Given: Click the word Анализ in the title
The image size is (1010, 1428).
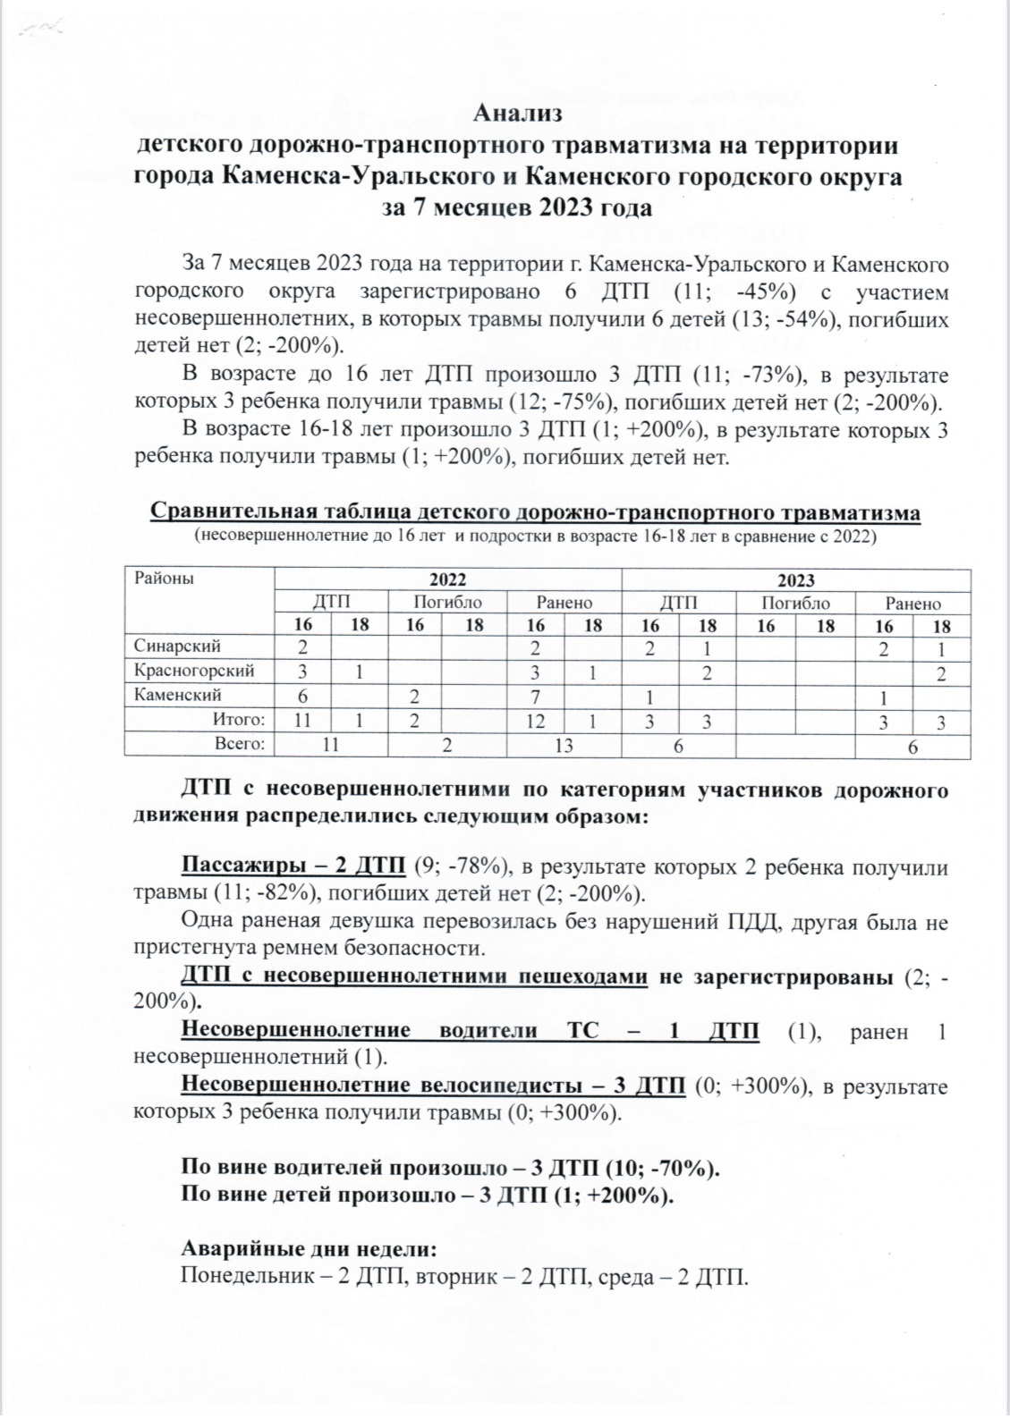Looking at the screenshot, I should (517, 114).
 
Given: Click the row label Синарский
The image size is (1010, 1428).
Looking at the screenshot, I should (177, 646).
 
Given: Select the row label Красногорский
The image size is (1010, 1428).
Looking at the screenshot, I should (194, 670).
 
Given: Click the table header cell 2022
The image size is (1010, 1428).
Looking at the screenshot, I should (447, 579).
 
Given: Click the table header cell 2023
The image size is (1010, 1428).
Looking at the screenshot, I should (795, 579).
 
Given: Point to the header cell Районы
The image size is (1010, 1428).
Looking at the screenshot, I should (165, 578).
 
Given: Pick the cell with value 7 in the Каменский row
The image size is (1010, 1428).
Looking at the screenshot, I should (535, 696).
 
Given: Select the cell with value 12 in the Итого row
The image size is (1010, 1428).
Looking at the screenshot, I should (535, 721).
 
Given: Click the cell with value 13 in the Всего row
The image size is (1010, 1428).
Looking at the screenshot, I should (563, 745).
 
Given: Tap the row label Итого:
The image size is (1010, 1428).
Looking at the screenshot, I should (239, 719).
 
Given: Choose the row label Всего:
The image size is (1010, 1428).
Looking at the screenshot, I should (239, 743).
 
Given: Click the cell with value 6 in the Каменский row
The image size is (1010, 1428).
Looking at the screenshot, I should (302, 696).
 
